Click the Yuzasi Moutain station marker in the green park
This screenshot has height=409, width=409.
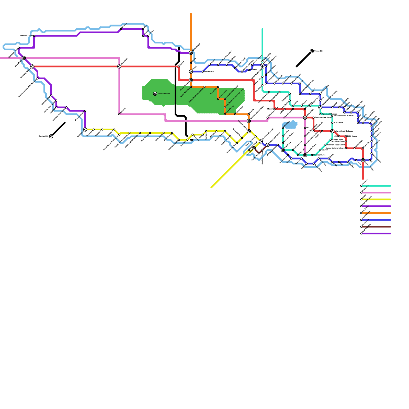point(155,94)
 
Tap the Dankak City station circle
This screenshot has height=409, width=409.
point(51,136)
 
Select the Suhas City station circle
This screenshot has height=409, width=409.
point(312,51)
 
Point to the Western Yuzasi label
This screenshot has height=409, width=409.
point(26,36)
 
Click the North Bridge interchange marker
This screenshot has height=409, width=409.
point(191,53)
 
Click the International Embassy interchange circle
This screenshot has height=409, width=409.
point(332,131)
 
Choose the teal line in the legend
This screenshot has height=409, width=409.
point(377,186)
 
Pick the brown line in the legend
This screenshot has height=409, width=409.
point(377,227)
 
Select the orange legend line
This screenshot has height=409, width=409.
point(377,213)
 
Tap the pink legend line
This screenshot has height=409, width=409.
point(377,193)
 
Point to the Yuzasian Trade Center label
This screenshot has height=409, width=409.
point(336,145)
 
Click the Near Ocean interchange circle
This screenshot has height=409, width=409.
point(119,66)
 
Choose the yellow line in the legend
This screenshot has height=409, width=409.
point(377,199)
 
